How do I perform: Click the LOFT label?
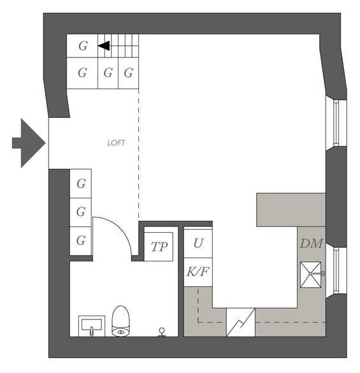click(116, 143)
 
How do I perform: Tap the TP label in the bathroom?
click(159, 247)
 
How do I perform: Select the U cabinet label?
click(198, 244)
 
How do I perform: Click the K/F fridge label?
click(198, 272)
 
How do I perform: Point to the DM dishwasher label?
click(311, 244)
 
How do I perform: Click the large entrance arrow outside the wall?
click(29, 143)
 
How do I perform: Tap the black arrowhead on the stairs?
click(104, 46)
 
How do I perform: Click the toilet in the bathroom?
click(121, 321)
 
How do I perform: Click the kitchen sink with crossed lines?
click(310, 275)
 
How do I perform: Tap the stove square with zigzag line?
click(241, 323)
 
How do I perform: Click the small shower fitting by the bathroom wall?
click(162, 332)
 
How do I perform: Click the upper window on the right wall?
click(336, 123)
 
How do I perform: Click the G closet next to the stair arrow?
click(82, 46)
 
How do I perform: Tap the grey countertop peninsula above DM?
click(291, 210)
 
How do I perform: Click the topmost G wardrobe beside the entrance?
click(81, 184)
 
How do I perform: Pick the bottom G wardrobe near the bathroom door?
click(81, 241)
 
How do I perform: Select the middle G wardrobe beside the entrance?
click(81, 212)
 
